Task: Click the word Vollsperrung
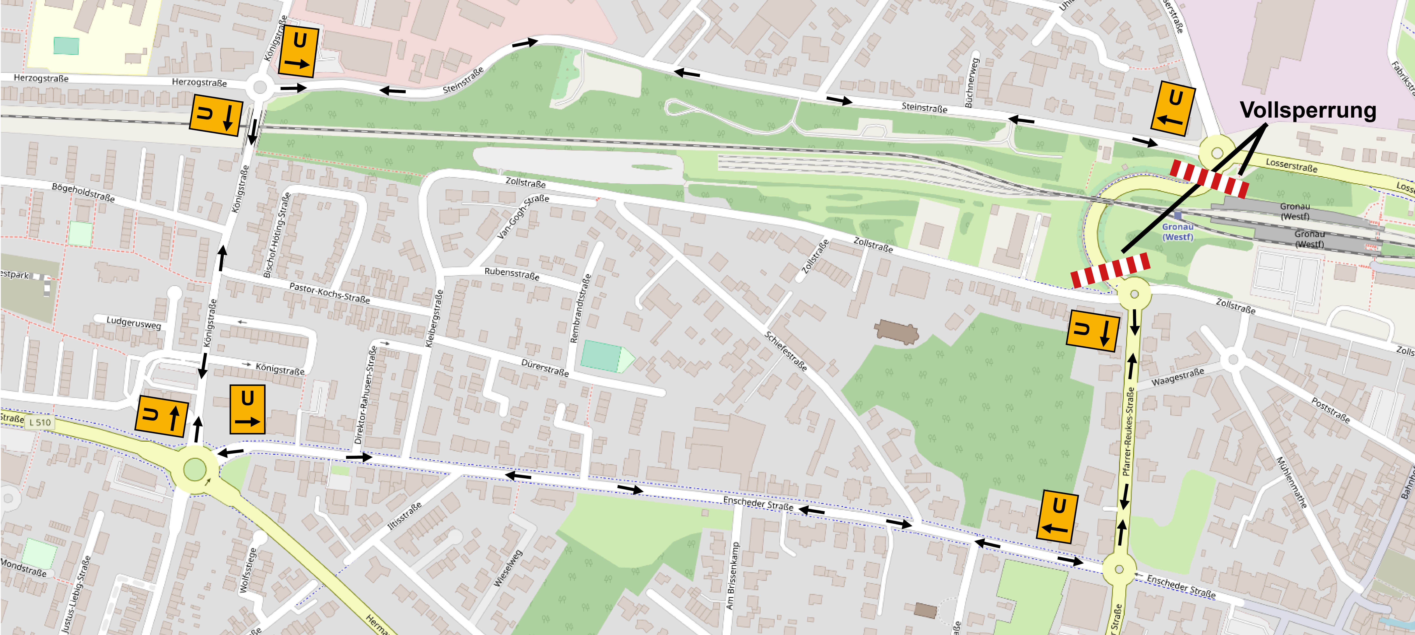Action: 1307,110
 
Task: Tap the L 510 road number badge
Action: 40,422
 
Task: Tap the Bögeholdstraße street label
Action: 83,192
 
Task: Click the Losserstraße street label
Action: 1291,165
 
